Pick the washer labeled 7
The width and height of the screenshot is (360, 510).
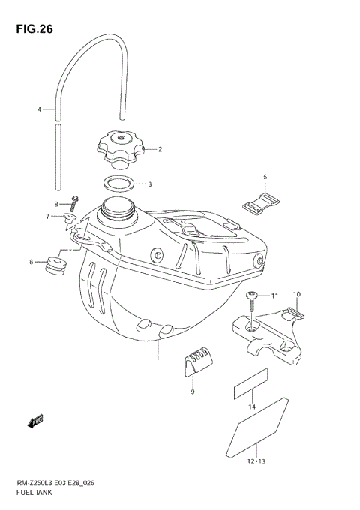(70, 217)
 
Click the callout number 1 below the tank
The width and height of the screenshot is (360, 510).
(158, 358)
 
